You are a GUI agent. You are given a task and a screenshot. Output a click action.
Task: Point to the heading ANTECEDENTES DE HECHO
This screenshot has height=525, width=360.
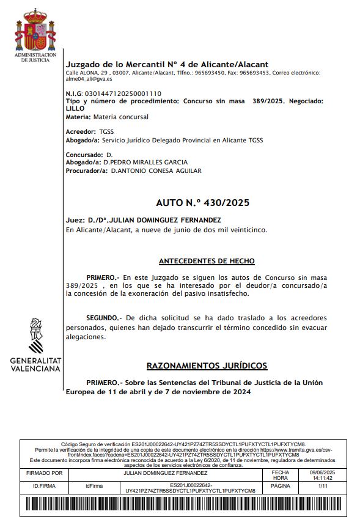pos(207,261)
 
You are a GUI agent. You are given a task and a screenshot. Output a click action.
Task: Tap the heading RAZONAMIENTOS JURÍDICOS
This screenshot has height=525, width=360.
pos(207,365)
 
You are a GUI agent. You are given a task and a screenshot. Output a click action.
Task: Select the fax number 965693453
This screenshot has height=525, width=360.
pos(255,72)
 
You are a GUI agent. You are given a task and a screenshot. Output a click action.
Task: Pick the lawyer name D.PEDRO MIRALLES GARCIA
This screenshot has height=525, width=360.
pos(145,163)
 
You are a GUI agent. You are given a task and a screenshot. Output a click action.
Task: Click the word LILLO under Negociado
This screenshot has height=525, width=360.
pos(75,108)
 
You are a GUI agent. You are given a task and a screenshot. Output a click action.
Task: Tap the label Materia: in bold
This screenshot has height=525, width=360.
pos(78,117)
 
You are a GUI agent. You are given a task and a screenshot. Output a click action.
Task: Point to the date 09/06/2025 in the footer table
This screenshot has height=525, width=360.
pos(323,472)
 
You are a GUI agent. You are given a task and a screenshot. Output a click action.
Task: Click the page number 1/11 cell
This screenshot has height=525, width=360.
pos(323,485)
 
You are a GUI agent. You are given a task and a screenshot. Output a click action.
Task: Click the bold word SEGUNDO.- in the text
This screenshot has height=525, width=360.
pos(103,318)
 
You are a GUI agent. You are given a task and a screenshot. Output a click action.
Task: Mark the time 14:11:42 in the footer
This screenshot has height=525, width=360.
pos(323,478)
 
